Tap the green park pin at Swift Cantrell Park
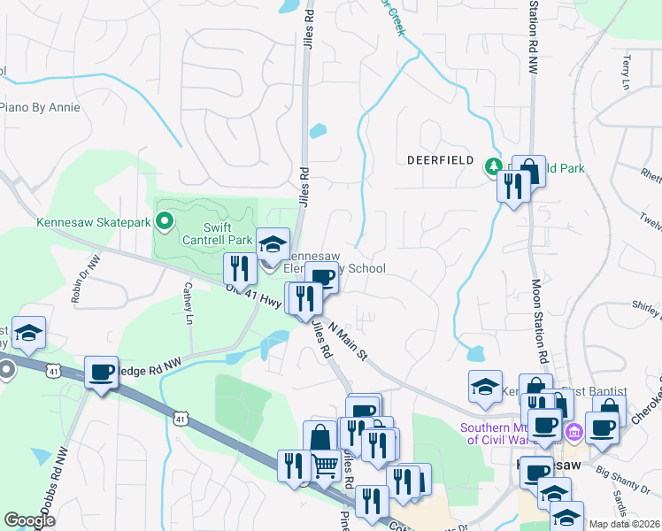pyautogui.click(x=164, y=220)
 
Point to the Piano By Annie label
pyautogui.click(x=39, y=108)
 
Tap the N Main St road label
pyautogui.click(x=348, y=341)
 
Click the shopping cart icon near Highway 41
pyautogui.click(x=326, y=463)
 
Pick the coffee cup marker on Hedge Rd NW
pyautogui.click(x=101, y=372)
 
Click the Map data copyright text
pyautogui.click(x=624, y=524)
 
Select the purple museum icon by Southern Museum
pyautogui.click(x=573, y=433)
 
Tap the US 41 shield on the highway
pyautogui.click(x=181, y=417)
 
